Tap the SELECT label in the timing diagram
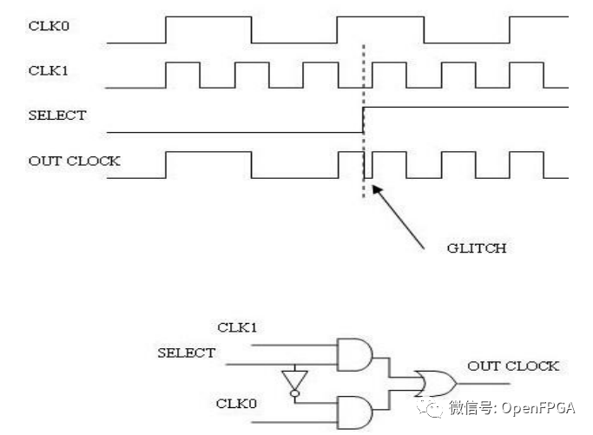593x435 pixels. tap(56, 115)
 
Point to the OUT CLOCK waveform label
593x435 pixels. tap(74, 161)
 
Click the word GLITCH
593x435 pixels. tap(477, 247)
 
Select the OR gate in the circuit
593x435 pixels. tap(433, 380)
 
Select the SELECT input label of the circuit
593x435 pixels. tap(186, 353)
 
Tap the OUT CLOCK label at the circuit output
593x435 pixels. tap(513, 366)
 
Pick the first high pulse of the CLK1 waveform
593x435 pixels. tap(182, 75)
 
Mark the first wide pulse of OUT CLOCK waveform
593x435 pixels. tap(208, 164)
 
